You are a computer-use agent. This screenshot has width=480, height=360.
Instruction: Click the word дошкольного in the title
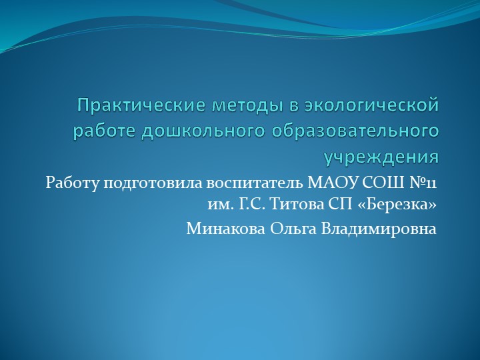point(203,131)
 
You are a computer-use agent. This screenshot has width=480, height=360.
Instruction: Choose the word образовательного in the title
point(356,131)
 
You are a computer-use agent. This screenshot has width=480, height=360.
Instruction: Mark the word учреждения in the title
point(381,157)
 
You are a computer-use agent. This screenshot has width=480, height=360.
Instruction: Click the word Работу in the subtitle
point(71,182)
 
